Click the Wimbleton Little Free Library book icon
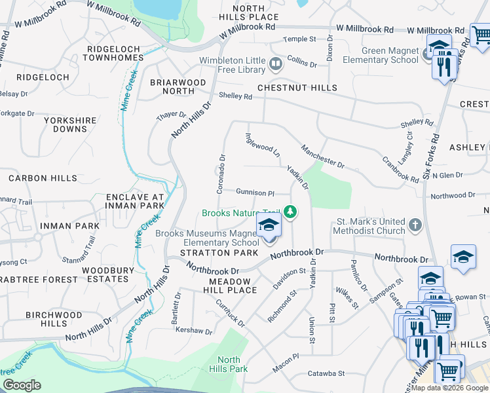coord(276,64)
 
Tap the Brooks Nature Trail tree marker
coord(290,212)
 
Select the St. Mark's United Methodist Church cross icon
coord(414,225)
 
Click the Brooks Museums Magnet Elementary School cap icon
coord(269,227)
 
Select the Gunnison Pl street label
coord(255,193)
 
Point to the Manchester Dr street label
coord(322,156)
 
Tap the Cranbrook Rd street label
coord(400,170)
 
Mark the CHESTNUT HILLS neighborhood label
coord(297,88)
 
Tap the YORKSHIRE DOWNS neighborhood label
coord(70,124)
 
